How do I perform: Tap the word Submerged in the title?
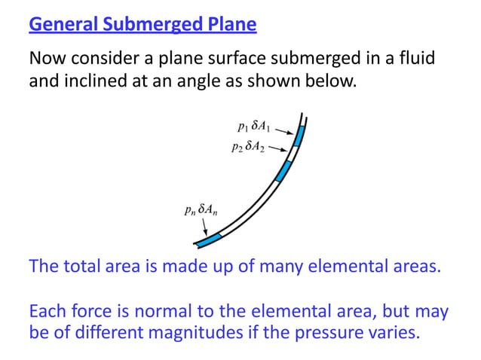click(x=153, y=27)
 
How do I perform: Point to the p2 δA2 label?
click(x=248, y=147)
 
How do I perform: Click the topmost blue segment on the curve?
click(x=299, y=137)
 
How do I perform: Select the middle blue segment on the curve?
click(x=282, y=171)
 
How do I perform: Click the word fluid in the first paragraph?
click(x=418, y=58)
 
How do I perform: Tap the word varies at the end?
click(x=390, y=332)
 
